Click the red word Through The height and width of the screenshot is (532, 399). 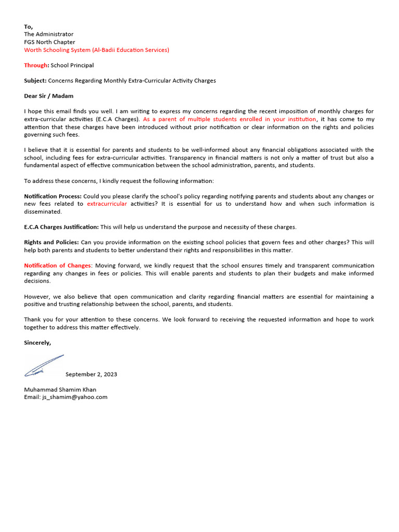36,65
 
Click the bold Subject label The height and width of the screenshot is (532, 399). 35,81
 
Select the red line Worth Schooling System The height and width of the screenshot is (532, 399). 96,50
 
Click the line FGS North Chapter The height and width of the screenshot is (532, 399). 49,42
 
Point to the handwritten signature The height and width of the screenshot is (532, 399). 44,366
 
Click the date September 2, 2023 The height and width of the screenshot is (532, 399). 91,374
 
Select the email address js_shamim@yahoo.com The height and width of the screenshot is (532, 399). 75,397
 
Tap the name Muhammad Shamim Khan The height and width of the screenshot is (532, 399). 60,389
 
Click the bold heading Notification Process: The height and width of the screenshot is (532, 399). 52,196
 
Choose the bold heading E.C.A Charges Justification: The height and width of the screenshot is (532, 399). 61,227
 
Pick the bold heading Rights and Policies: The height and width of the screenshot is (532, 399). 51,243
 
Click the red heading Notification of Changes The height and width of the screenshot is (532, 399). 58,265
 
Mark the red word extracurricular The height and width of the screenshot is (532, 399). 107,204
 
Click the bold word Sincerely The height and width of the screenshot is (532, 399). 37,342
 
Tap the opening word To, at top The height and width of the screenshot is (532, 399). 28,26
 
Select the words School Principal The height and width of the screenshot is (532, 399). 72,65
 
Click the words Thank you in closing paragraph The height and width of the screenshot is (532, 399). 37,320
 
